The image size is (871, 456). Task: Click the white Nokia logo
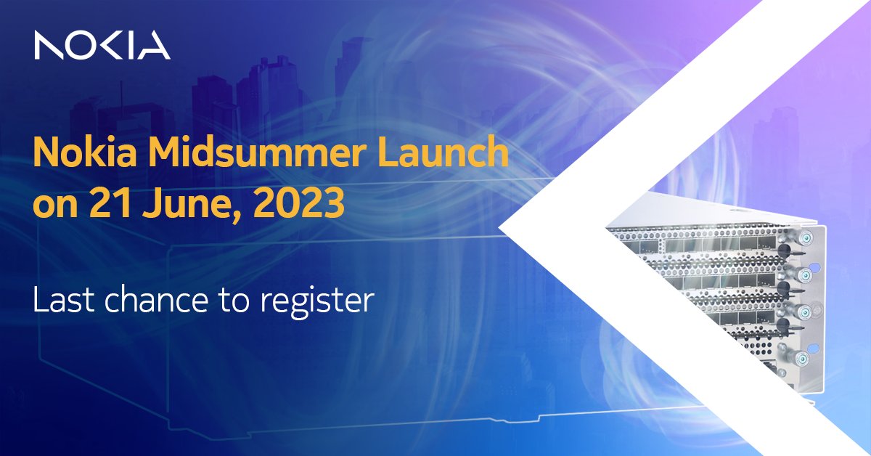click(x=102, y=46)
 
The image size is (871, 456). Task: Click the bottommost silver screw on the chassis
click(x=801, y=357)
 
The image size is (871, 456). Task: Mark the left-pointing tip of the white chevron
click(x=501, y=228)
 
